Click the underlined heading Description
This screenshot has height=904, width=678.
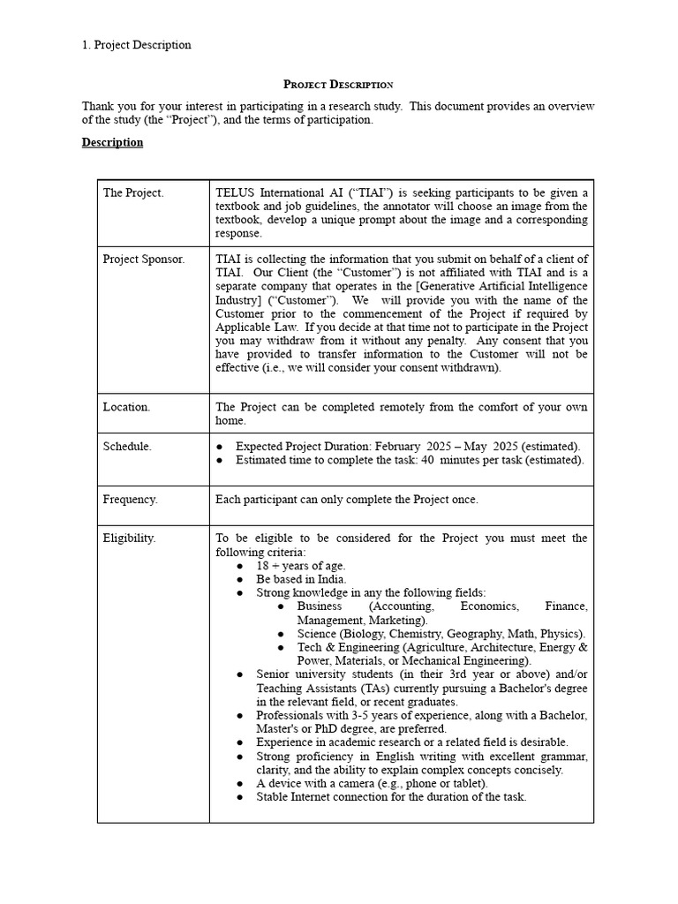click(112, 142)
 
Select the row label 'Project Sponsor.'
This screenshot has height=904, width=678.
click(144, 259)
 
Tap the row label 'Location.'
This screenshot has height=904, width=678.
click(126, 407)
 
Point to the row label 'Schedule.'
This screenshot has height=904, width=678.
click(127, 446)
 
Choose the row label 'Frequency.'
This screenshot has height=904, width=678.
click(131, 499)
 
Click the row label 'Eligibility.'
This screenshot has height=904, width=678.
click(129, 538)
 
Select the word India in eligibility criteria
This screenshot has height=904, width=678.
click(328, 579)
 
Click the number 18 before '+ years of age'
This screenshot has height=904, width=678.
click(263, 565)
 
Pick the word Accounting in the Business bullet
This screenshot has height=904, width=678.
click(402, 606)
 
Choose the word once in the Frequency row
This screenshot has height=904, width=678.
click(464, 499)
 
